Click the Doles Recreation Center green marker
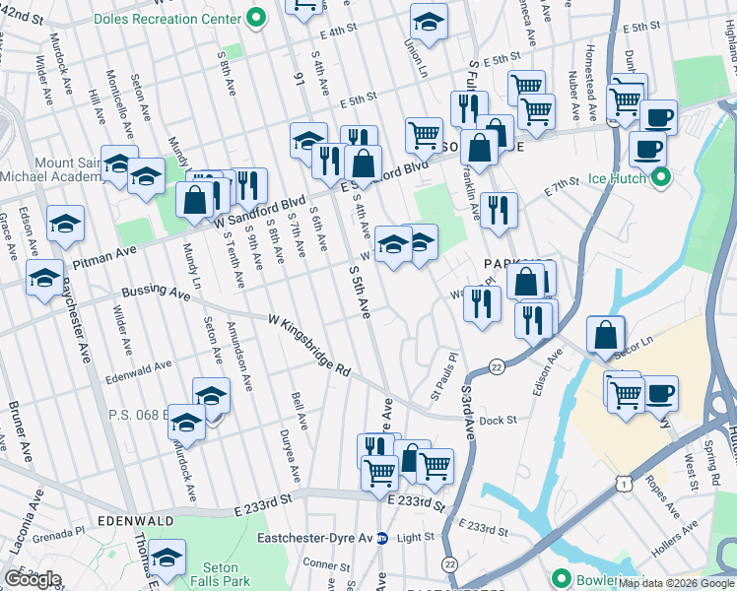coord(256,17)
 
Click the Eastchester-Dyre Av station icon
coord(383,538)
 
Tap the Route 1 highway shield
coord(622,484)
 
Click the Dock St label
coord(499,421)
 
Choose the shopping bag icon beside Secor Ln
coord(605,334)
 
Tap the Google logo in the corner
coord(33,579)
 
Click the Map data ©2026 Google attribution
coord(676,583)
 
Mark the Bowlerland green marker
coord(562,578)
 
